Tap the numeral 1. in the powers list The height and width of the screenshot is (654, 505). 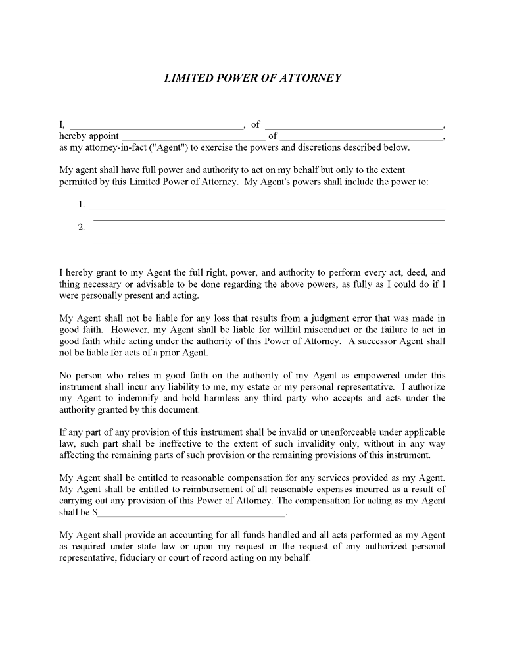coord(82,205)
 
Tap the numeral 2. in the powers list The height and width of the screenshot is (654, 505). coord(82,228)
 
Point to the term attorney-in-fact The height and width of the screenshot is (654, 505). coord(101,147)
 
